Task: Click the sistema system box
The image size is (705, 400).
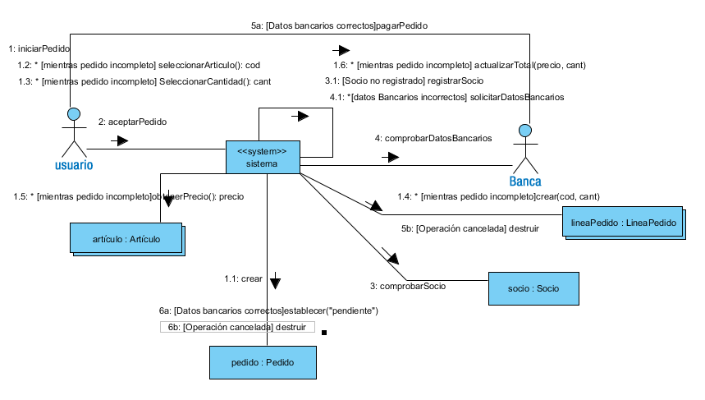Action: point(263,157)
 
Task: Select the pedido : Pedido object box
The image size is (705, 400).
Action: point(262,361)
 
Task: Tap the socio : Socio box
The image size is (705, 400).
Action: point(533,288)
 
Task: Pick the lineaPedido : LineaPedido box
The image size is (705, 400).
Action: point(621,222)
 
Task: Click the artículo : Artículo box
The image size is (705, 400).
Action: point(126,238)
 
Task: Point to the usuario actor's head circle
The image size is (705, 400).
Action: point(74,113)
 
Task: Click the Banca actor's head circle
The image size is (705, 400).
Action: point(525,130)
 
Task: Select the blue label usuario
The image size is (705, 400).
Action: point(74,164)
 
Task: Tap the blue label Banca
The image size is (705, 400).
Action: point(525,182)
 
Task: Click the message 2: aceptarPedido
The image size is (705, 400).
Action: point(132,122)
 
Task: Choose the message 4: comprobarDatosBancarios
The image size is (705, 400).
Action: point(433,139)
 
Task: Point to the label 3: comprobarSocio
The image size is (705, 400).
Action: point(407,286)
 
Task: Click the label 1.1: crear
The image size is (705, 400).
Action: point(243,279)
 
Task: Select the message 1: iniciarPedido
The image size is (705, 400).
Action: point(39,48)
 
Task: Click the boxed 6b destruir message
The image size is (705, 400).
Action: point(237,327)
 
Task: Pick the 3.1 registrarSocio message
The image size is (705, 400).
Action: point(404,80)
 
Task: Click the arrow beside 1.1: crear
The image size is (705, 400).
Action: point(275,282)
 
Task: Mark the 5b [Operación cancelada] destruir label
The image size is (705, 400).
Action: point(469,228)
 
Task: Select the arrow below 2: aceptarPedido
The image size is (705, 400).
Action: point(120,141)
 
